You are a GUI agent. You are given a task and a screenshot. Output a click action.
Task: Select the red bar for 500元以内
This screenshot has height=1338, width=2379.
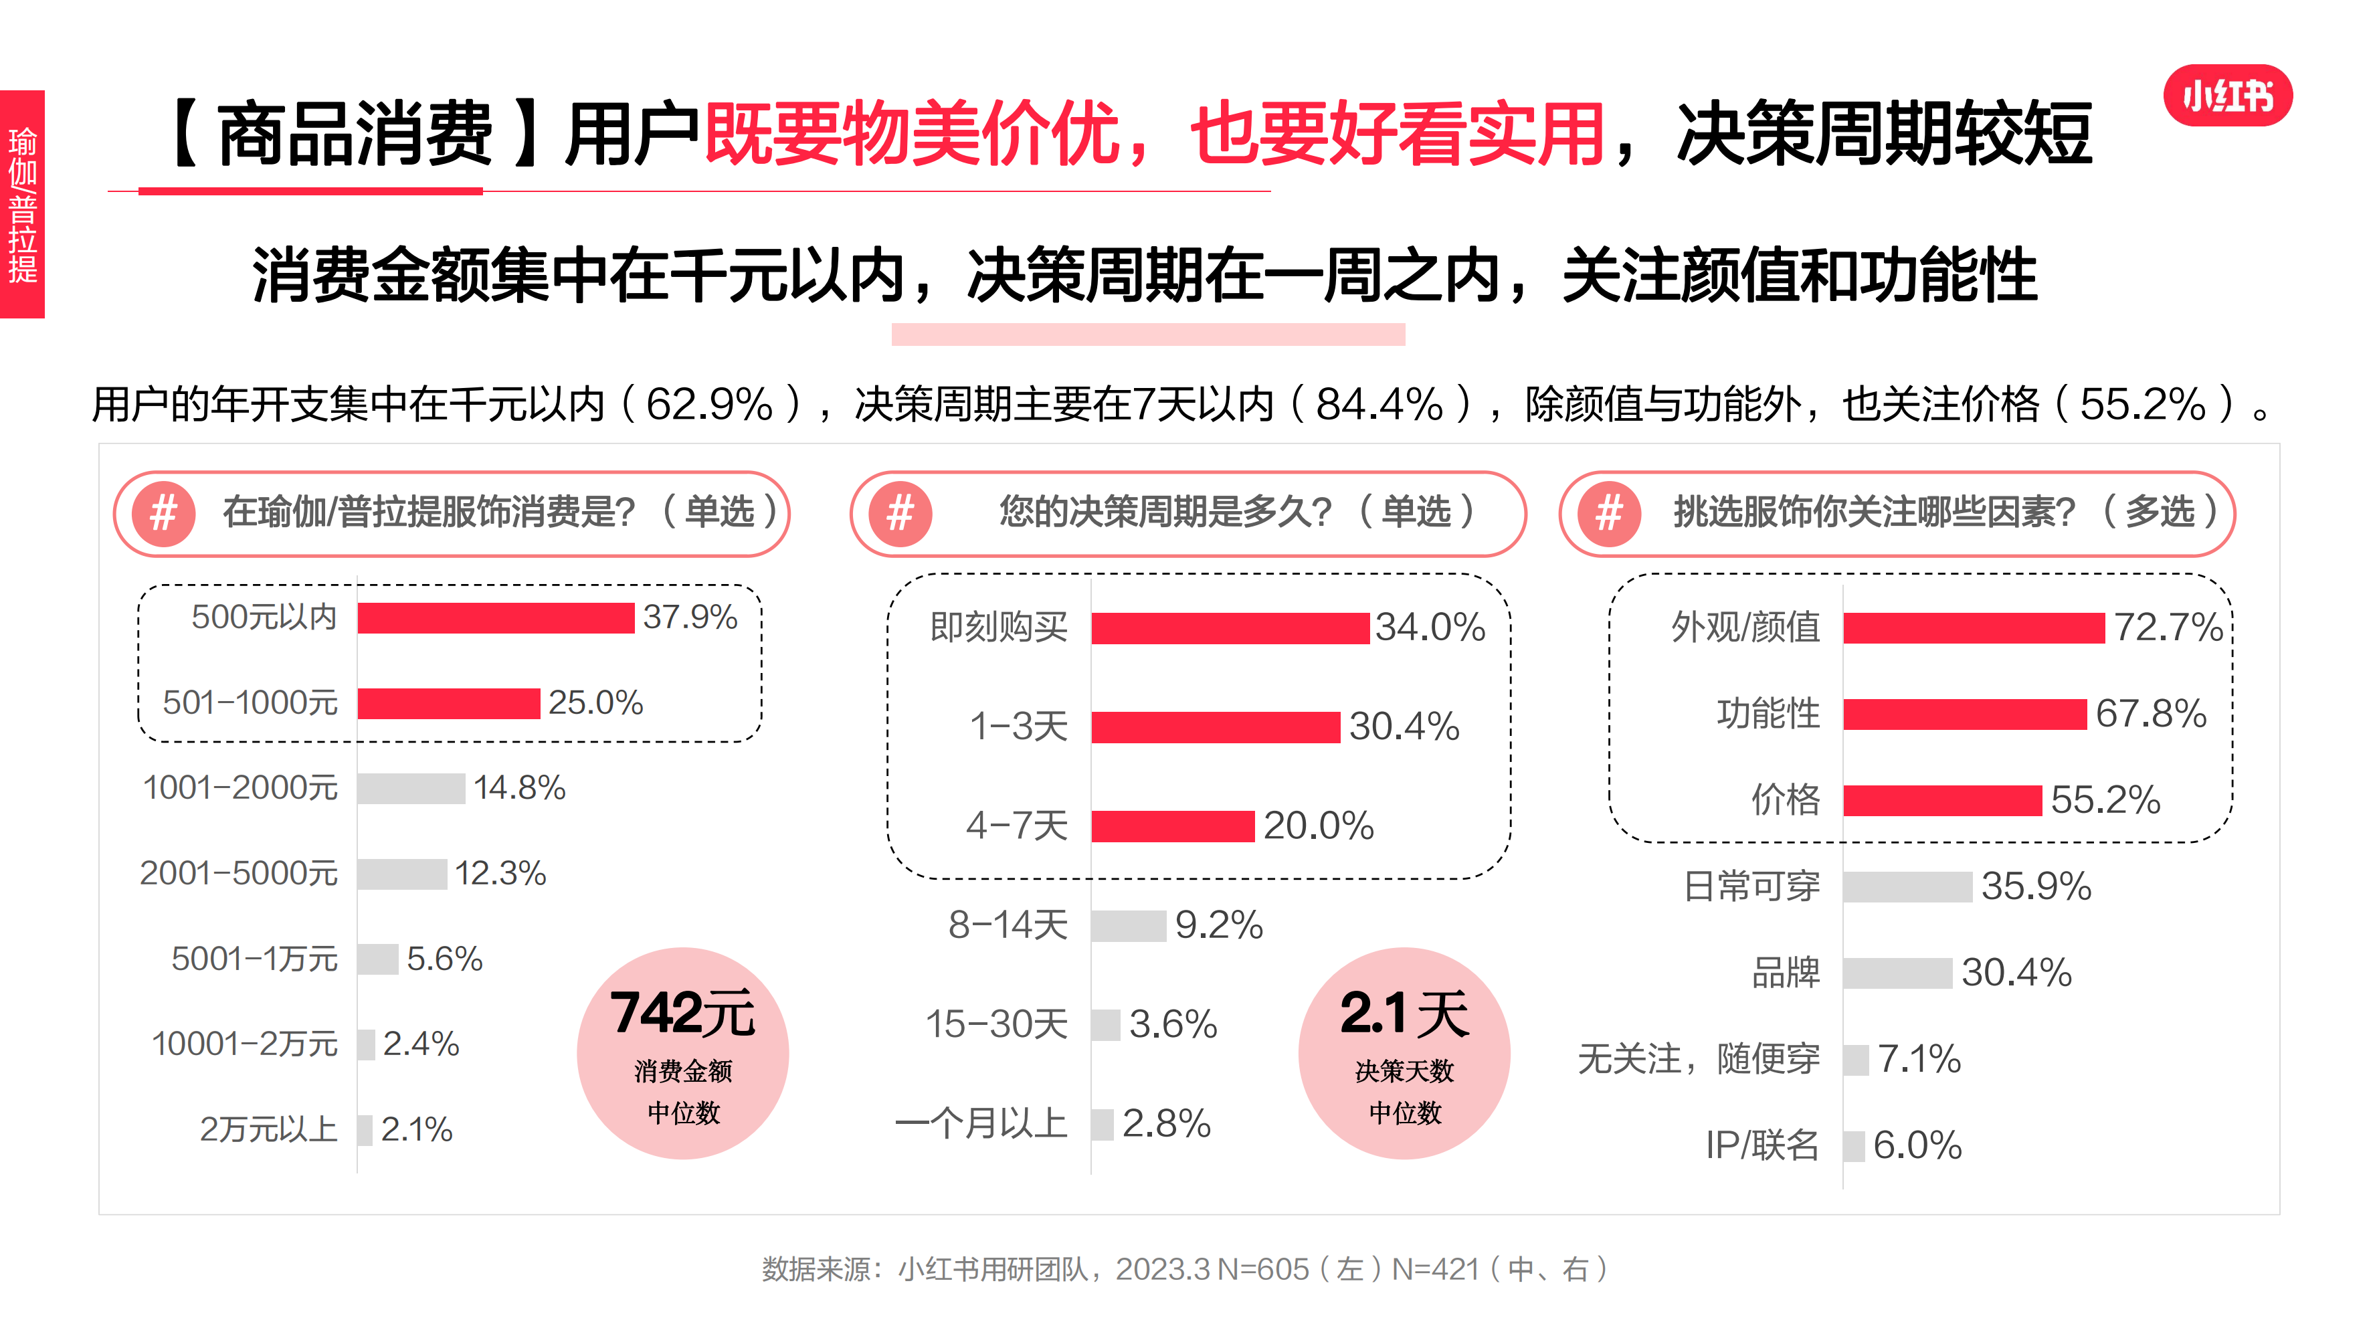(495, 617)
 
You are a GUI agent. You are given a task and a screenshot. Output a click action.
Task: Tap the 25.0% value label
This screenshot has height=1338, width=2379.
(595, 702)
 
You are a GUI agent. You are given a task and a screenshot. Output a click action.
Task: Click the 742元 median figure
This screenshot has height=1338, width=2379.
(682, 1013)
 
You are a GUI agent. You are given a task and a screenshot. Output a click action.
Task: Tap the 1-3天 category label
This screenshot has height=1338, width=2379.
(1019, 727)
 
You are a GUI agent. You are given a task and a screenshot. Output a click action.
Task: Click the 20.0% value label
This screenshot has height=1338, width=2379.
(1318, 826)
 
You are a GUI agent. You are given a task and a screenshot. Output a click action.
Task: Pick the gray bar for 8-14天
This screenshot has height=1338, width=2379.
(1129, 925)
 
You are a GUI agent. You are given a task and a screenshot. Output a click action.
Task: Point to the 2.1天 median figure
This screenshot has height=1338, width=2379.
(1404, 1013)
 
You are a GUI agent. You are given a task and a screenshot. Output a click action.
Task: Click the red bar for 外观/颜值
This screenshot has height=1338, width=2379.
(1974, 628)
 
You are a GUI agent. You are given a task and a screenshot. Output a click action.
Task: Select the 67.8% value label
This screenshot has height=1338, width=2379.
(2150, 714)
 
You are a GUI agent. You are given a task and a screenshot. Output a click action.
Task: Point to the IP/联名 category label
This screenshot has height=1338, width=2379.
(1761, 1145)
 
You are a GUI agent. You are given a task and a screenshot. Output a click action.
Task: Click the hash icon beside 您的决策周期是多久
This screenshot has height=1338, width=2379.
(900, 513)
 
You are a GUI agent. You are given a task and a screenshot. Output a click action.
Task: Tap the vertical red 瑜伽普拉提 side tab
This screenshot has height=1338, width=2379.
(22, 204)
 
